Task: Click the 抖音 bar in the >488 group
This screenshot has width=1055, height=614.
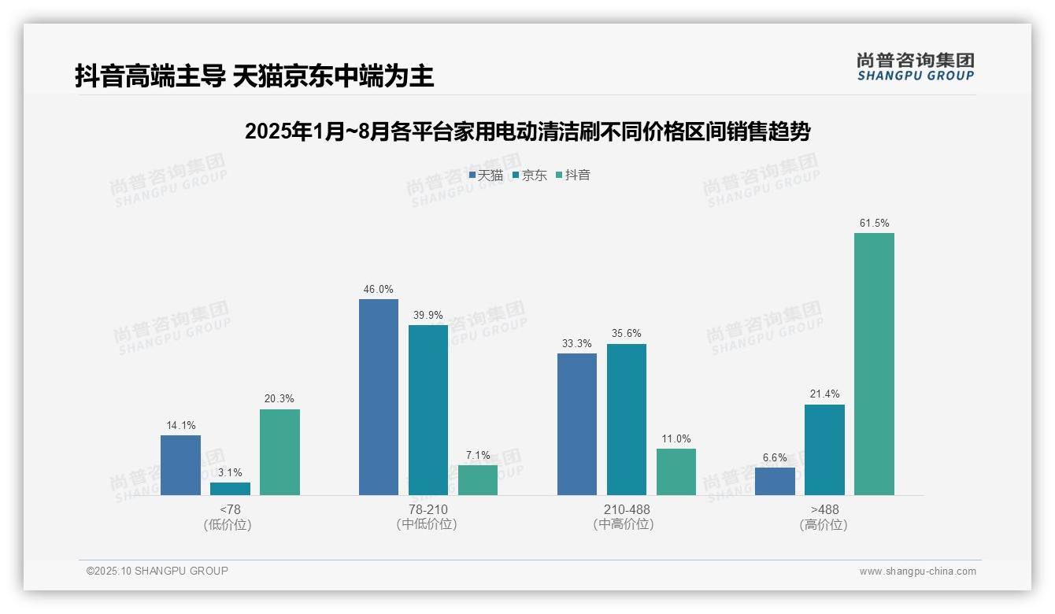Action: (x=874, y=364)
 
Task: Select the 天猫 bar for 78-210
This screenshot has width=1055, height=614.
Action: (x=379, y=397)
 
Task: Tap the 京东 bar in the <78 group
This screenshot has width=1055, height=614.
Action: (x=230, y=489)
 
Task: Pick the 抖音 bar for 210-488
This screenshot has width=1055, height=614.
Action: (x=676, y=472)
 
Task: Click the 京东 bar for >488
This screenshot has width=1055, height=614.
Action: (x=824, y=449)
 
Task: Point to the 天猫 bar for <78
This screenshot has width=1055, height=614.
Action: (x=180, y=464)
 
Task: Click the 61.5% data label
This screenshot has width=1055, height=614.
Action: (x=874, y=224)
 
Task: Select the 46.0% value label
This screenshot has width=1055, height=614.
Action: (x=379, y=290)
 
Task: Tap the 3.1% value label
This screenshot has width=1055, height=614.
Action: (x=230, y=472)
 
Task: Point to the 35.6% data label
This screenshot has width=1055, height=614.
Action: (x=627, y=334)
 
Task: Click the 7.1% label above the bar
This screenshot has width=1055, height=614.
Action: (x=478, y=455)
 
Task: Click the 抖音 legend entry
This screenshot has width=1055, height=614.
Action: (x=573, y=176)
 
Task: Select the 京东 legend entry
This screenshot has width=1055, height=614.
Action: (x=530, y=176)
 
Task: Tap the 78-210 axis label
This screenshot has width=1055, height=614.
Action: (x=428, y=509)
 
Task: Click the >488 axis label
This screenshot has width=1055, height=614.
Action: (x=824, y=509)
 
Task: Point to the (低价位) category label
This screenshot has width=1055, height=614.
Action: (x=228, y=525)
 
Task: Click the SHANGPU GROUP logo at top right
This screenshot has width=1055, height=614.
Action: (x=915, y=67)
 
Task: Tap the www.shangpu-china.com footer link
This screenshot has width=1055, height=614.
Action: (x=917, y=571)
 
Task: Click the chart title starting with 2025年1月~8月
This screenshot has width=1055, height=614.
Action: (x=527, y=132)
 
